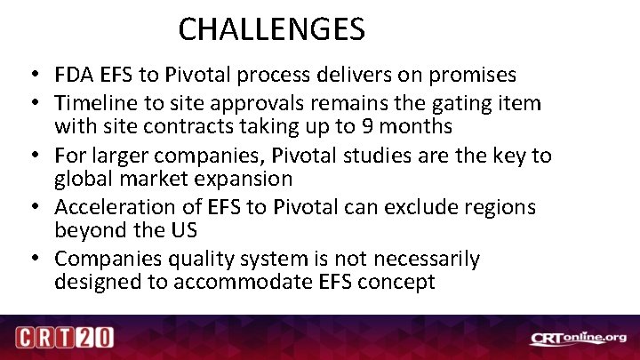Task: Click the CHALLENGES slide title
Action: click(x=271, y=30)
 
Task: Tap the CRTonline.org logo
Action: click(x=577, y=338)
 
